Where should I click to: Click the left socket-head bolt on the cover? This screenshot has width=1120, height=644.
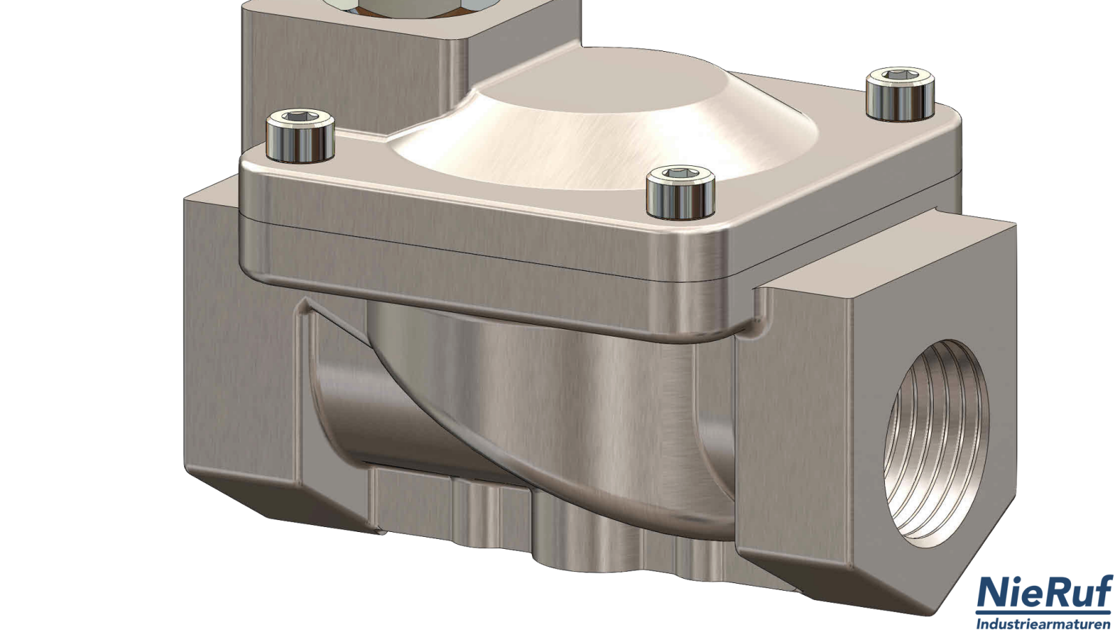pos(300,136)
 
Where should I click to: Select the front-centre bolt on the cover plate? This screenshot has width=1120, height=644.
pos(680,192)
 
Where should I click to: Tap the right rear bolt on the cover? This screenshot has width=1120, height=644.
pos(900,94)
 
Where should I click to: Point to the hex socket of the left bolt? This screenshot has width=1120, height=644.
pos(300,117)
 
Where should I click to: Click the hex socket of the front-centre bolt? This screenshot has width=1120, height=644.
pos(680,173)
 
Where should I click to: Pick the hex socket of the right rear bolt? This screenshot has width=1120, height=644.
pos(900,75)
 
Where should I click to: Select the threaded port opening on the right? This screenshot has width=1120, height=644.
pos(936,444)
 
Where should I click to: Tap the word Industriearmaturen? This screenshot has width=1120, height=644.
pos(1044,624)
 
